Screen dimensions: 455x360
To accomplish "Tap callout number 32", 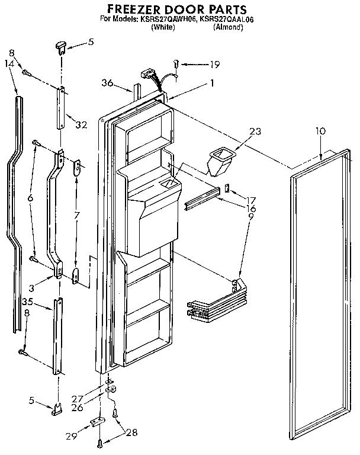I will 81,125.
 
